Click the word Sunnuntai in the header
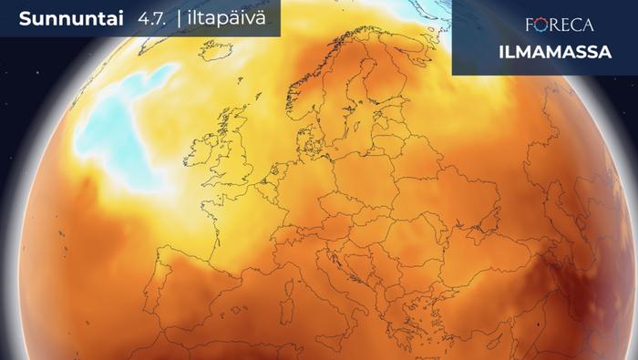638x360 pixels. click(61, 19)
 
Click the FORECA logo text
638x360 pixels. click(560, 25)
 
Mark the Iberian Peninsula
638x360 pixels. click(196, 292)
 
